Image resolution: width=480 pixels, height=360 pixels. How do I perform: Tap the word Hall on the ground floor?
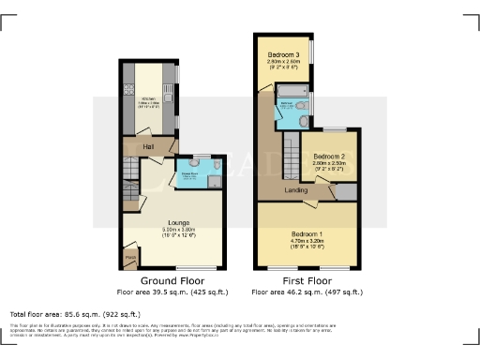(x=148, y=147)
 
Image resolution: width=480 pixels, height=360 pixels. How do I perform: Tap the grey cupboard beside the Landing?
(x=345, y=190)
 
